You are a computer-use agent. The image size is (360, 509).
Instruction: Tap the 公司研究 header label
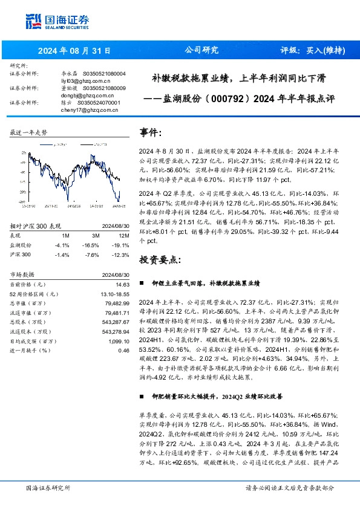(201, 50)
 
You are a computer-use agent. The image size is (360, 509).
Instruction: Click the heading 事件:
(151, 132)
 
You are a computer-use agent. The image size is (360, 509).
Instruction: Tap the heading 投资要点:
(160, 260)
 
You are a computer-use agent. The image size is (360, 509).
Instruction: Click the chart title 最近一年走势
(28, 132)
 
